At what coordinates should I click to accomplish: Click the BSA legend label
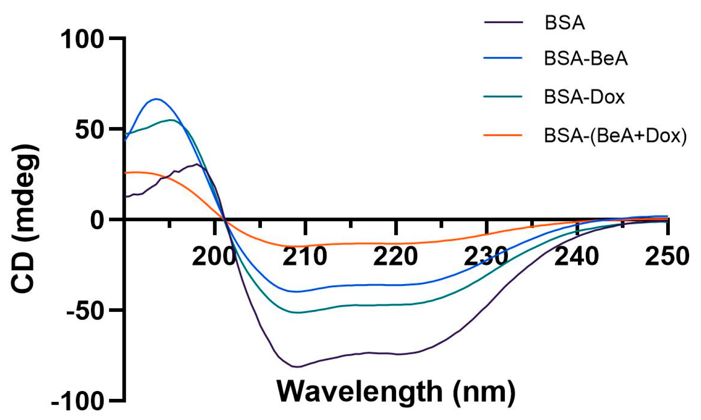(x=564, y=22)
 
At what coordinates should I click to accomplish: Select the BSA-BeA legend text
(x=585, y=58)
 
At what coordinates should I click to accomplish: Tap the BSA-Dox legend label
(x=584, y=97)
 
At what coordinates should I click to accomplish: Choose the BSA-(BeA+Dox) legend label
(x=615, y=135)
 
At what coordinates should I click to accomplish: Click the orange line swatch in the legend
(x=503, y=135)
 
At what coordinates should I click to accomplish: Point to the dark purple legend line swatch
(x=503, y=22)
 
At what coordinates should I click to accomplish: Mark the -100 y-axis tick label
(x=78, y=402)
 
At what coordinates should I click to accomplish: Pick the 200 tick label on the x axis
(x=214, y=256)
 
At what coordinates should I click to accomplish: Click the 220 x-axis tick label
(x=395, y=256)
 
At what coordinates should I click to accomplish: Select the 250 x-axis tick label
(x=666, y=256)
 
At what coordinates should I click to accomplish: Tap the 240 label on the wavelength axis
(x=576, y=256)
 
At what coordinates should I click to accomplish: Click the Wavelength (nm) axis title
(x=396, y=391)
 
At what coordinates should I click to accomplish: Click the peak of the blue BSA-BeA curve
(x=156, y=99)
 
